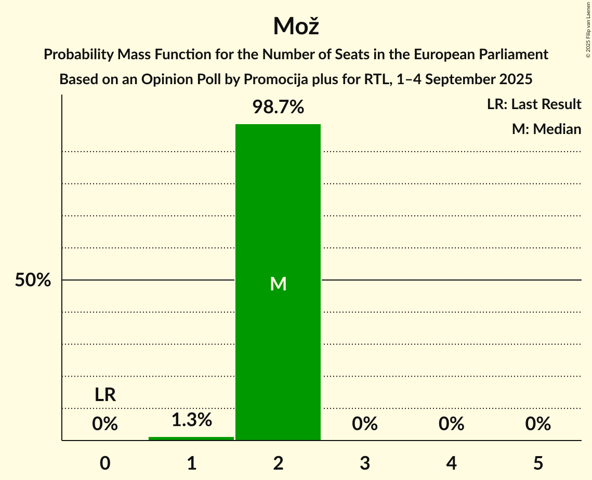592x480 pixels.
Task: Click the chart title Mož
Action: click(x=296, y=26)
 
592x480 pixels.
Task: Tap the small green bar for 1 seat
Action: click(x=191, y=438)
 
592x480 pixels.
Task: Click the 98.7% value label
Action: click(x=278, y=108)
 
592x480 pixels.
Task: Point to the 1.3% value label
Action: click(x=191, y=420)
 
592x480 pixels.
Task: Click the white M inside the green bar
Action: click(x=279, y=284)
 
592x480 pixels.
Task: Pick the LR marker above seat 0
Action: click(x=105, y=395)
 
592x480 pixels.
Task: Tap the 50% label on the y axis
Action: click(x=33, y=281)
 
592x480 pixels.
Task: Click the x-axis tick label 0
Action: click(x=105, y=463)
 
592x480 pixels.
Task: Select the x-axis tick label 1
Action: click(x=191, y=463)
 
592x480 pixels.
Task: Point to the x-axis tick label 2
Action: click(x=278, y=463)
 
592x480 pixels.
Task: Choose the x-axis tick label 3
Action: click(x=365, y=463)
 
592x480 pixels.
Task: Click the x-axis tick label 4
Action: click(x=451, y=463)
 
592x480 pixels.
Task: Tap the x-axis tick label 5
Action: click(x=538, y=463)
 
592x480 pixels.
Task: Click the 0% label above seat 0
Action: click(x=105, y=424)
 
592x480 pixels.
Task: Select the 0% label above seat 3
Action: click(x=365, y=424)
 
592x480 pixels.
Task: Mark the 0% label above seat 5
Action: click(x=538, y=424)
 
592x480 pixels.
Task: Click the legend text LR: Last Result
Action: click(x=534, y=104)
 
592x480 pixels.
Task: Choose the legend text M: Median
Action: click(x=546, y=129)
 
